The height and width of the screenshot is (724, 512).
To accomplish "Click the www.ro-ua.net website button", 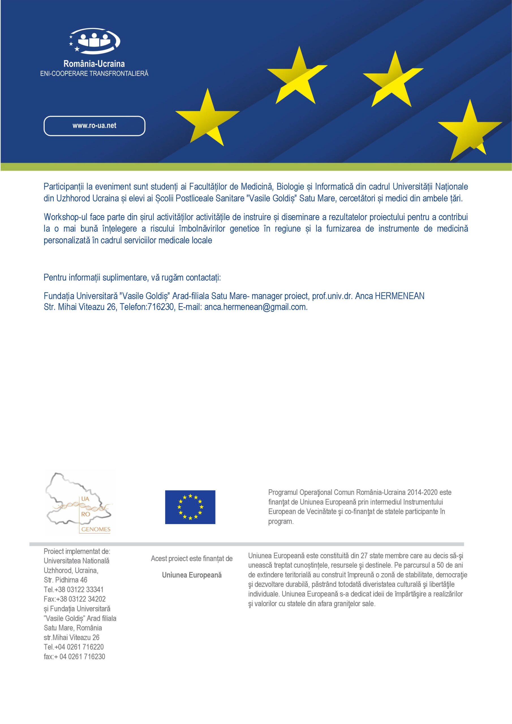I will click(94, 126).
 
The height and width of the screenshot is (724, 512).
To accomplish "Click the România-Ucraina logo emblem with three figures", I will click(94, 40).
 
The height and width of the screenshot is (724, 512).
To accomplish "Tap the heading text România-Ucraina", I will click(94, 64).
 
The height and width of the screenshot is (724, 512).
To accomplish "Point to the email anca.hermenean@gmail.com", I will click(255, 307).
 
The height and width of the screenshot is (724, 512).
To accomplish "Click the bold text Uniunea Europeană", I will click(192, 575).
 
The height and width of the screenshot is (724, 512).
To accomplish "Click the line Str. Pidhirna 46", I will click(66, 580).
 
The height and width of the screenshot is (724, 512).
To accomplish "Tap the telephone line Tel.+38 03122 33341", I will click(74, 589).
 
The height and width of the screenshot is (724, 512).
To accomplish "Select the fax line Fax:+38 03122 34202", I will click(74, 599).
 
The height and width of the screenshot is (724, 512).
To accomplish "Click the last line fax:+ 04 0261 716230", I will click(74, 656).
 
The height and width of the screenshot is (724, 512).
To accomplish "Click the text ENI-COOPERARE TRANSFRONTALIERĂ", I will click(94, 74).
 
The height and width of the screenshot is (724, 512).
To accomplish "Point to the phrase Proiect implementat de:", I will click(77, 551).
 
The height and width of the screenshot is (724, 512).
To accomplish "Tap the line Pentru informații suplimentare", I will click(132, 277).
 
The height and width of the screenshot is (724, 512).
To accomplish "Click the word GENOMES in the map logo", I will click(96, 529).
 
